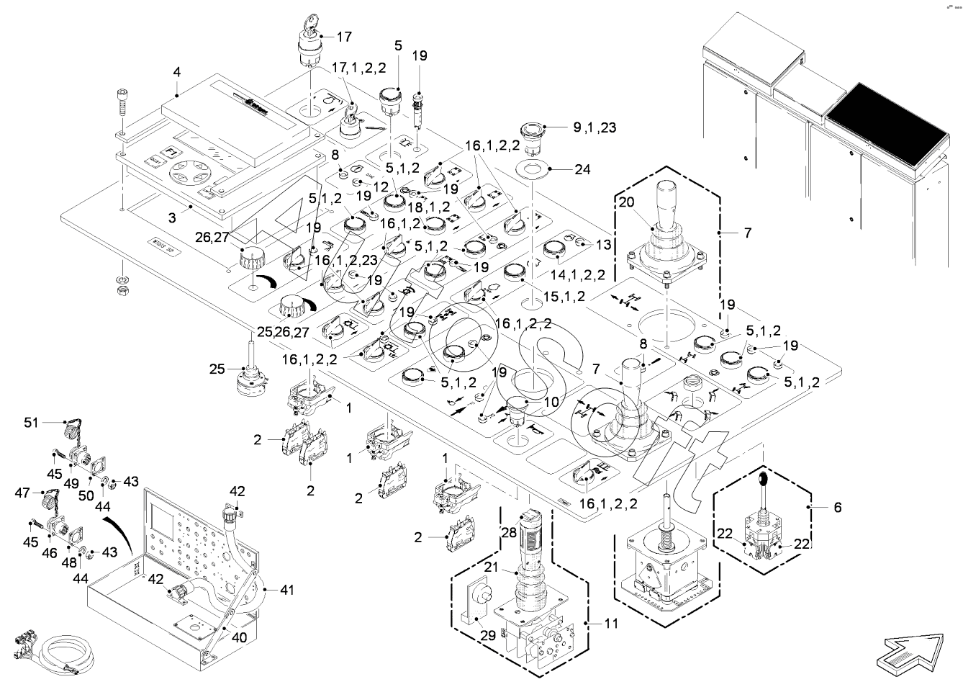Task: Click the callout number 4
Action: point(176,72)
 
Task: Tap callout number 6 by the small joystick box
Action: point(837,507)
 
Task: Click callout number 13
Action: point(603,244)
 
